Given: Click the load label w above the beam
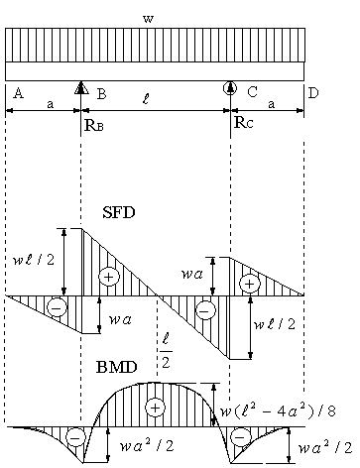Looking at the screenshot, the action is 149,19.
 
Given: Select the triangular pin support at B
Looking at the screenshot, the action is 81,88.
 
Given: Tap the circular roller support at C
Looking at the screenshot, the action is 230,88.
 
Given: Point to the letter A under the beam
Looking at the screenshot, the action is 19,93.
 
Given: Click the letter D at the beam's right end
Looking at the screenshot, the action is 313,93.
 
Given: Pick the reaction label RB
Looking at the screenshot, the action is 94,125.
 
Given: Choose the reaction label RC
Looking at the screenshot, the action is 244,122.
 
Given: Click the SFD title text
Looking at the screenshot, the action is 119,212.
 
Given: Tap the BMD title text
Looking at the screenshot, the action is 117,367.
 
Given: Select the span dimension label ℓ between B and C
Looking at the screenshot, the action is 147,99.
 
